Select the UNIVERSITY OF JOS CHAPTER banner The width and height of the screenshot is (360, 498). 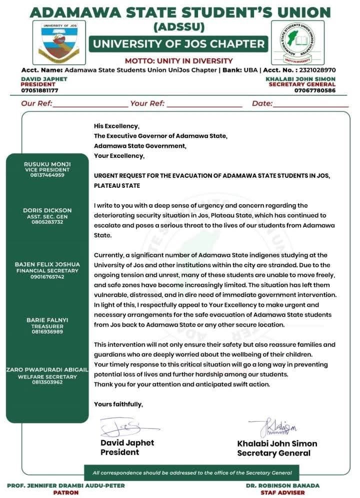(178, 44)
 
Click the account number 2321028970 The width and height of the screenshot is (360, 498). (315, 70)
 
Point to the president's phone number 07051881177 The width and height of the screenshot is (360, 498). (39, 90)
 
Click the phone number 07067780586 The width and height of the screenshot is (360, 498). (315, 90)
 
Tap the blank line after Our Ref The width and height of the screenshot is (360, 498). (90, 104)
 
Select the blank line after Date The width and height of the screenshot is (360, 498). (310, 104)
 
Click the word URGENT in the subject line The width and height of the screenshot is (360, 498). (106, 175)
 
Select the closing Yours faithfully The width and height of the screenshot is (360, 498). (118, 404)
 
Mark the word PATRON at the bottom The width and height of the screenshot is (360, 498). (66, 493)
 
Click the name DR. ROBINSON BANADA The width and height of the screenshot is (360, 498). (282, 485)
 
